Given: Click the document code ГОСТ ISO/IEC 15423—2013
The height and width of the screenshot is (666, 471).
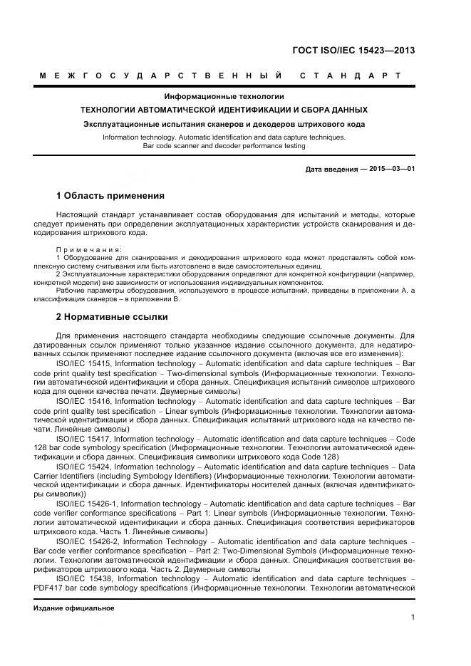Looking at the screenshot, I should pos(353,51).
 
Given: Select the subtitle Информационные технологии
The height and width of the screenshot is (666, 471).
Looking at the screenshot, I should pos(224,96).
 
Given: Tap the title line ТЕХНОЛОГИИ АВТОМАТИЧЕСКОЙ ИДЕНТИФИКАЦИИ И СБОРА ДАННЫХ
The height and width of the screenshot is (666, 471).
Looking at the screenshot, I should pos(224,110).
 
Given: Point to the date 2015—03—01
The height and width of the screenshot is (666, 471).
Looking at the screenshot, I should pos(389,169).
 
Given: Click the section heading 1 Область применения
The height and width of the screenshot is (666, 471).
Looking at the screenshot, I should pos(110,195).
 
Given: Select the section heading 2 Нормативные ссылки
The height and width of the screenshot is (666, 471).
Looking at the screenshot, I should pos(112,316).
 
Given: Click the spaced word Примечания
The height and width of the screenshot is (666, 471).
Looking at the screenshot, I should pos(88,249).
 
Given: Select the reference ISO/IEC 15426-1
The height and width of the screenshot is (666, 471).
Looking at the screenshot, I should pos(87,504).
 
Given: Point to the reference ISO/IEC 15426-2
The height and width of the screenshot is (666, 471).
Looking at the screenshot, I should pos(87,542).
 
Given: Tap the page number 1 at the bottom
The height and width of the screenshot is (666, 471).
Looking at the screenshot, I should pos(413,618).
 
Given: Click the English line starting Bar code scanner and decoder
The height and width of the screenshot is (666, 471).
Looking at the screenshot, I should pos(224,146).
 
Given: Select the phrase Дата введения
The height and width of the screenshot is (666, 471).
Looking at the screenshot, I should pos(328,169).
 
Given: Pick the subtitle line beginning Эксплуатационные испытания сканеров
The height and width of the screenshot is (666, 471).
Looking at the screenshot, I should pos(224,124).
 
